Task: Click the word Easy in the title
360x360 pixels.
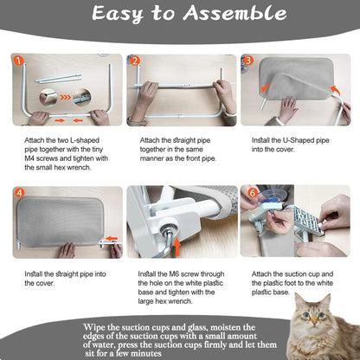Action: point(123,16)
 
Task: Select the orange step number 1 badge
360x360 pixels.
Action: point(19,60)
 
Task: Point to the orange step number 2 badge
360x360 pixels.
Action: point(135,61)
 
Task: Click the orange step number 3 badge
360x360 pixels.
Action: point(249,61)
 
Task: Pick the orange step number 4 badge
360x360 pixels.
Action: point(19,192)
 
